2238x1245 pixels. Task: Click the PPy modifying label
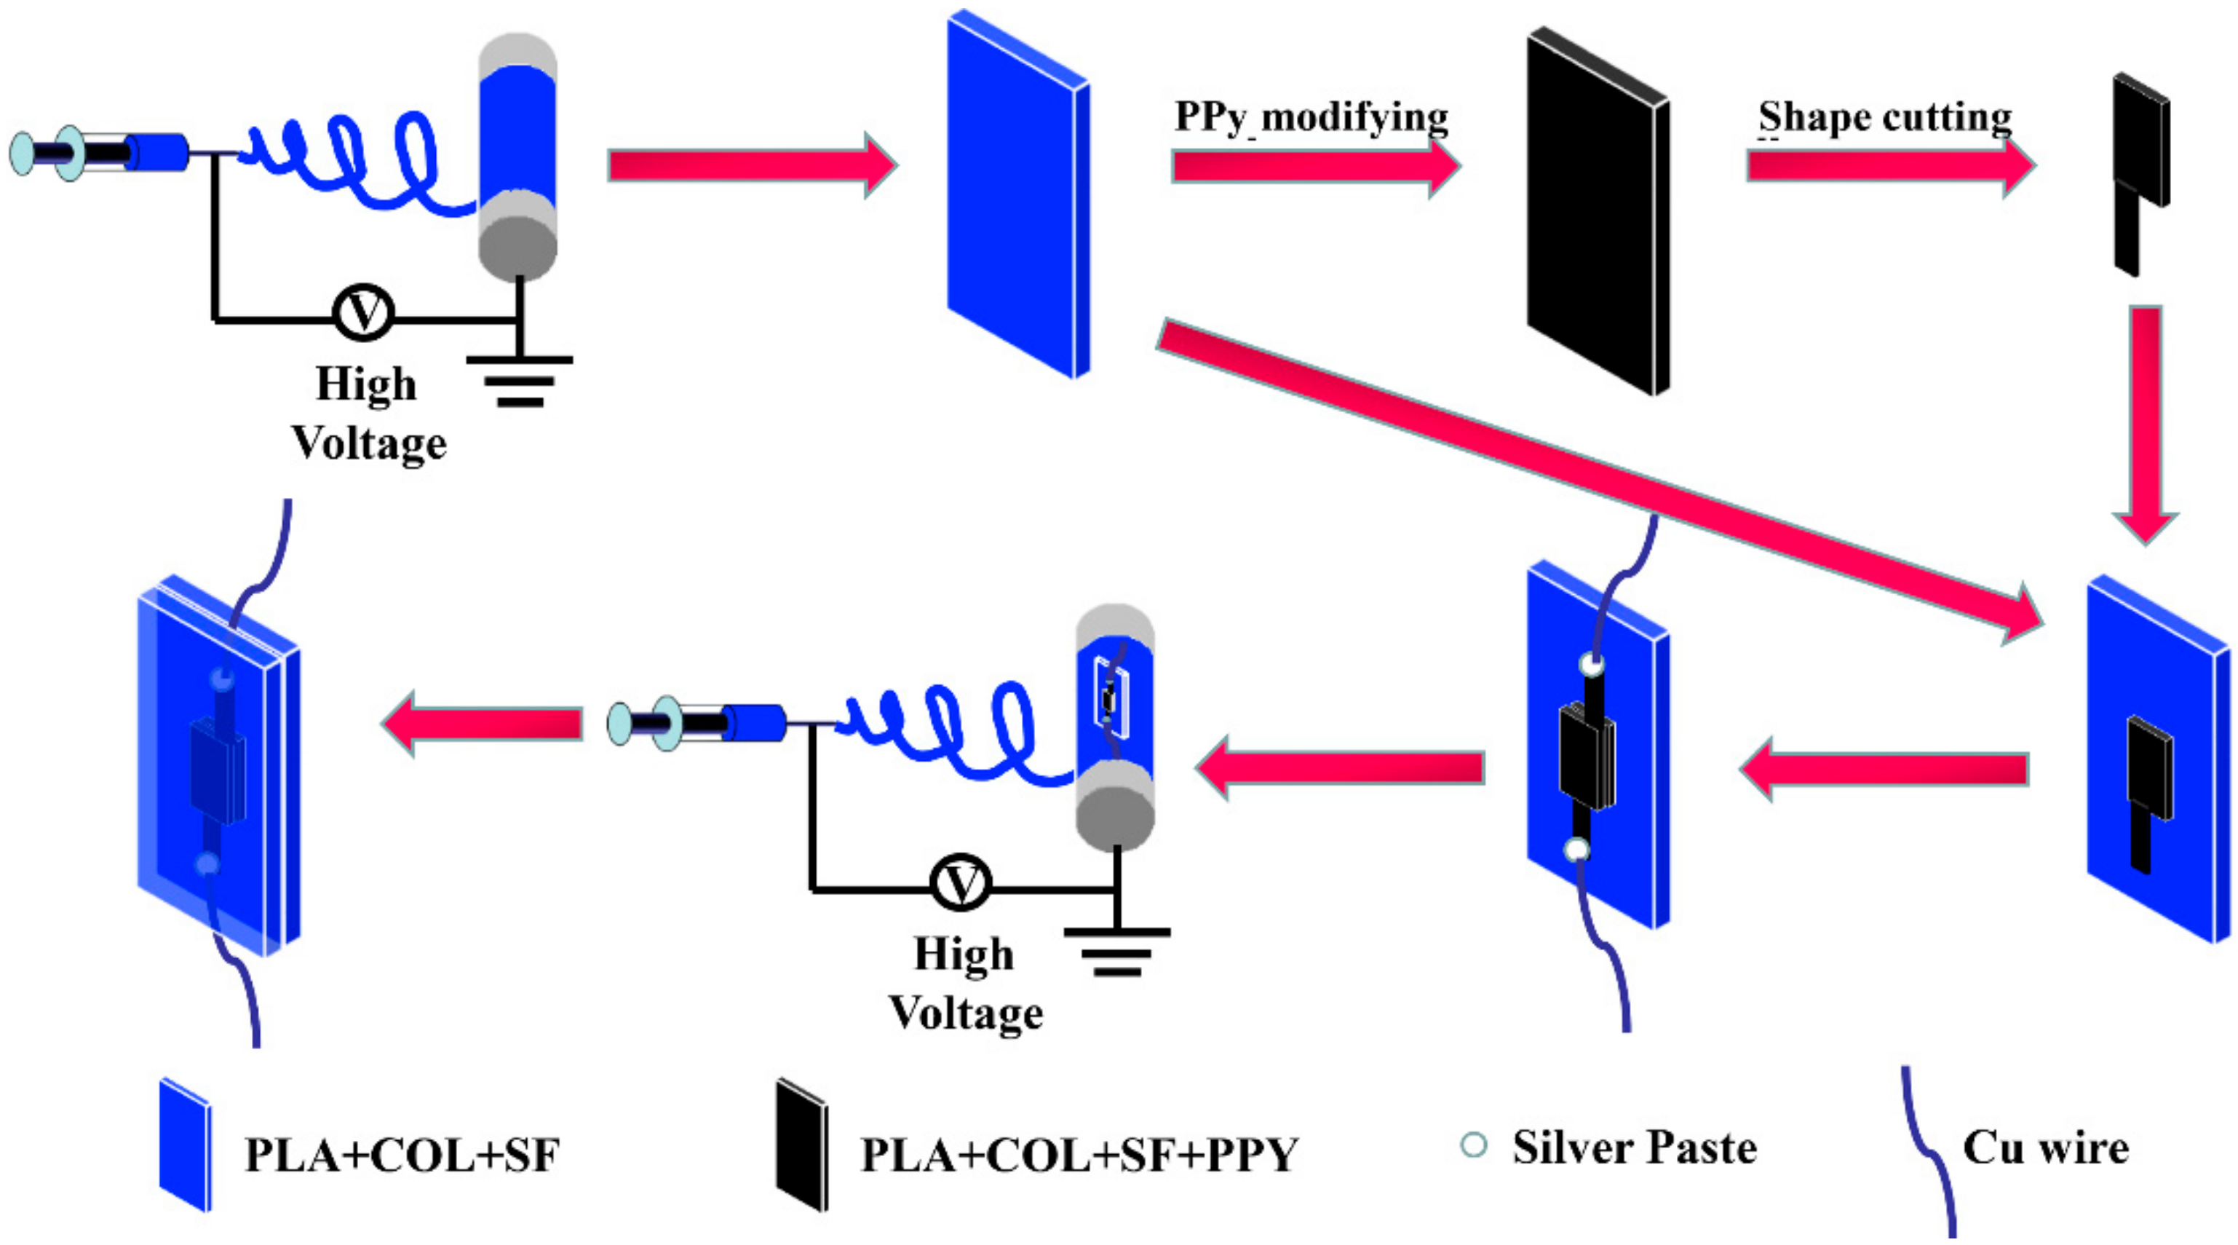tap(1310, 117)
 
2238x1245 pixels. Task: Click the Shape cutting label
tap(1884, 117)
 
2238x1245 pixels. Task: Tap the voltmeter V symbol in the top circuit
tap(363, 312)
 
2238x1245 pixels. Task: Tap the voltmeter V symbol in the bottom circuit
tap(960, 882)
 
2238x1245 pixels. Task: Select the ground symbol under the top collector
tap(520, 379)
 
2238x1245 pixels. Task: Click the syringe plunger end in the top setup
tap(21, 154)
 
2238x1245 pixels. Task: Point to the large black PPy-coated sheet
tap(1597, 213)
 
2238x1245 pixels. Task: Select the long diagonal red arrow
tap(1598, 482)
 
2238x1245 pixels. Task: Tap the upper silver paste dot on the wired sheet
tap(1592, 665)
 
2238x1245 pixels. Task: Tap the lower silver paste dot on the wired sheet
tap(1577, 849)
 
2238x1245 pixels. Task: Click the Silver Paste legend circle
tap(1474, 1145)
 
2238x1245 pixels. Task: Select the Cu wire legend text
tap(2045, 1147)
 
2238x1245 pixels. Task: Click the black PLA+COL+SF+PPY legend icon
tap(801, 1146)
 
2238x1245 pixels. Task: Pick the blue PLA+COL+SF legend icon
tap(185, 1146)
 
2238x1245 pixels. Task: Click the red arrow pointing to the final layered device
tap(483, 723)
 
